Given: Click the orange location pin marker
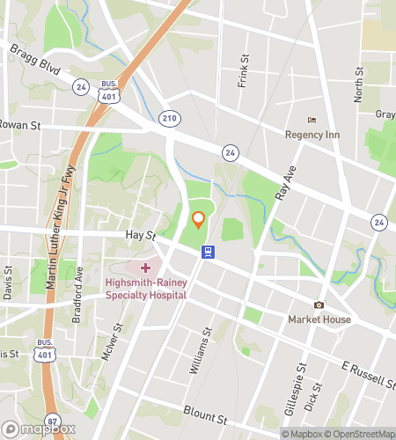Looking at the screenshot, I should [x=198, y=221].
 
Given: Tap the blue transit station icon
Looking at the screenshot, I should [x=208, y=252].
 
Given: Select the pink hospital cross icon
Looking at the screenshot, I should [x=145, y=267].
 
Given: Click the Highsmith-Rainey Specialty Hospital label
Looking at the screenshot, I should [x=145, y=290].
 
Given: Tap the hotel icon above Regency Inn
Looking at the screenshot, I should [x=310, y=120].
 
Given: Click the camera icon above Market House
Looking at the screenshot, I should [x=319, y=304].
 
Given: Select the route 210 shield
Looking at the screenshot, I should [x=169, y=116].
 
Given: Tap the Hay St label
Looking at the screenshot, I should [x=141, y=236].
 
